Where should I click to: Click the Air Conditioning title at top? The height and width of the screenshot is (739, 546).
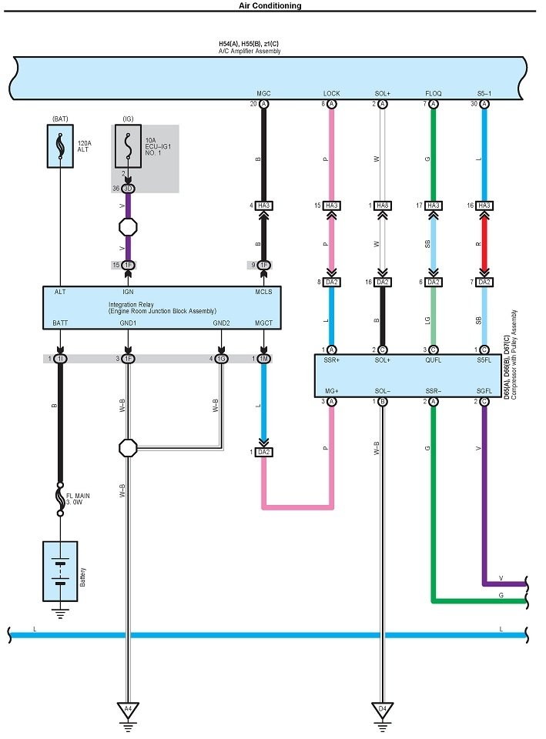coord(270,5)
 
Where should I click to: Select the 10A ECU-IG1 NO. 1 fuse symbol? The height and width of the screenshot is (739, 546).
coord(128,145)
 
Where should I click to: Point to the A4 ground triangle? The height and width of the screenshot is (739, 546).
coord(128,708)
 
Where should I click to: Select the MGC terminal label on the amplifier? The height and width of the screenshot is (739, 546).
coord(263,93)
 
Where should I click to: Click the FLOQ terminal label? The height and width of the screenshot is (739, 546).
coord(434,93)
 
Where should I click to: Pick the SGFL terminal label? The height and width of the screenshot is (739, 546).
coord(485,391)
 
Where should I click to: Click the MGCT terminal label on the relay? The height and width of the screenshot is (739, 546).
coord(263,323)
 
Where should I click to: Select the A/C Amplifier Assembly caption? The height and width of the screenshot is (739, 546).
coord(251,51)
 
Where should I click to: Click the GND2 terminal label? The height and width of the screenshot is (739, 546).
coord(222,323)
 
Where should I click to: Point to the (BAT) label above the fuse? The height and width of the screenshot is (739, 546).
coord(60,119)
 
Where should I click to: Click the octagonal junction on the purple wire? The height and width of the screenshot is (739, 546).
coord(128,228)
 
